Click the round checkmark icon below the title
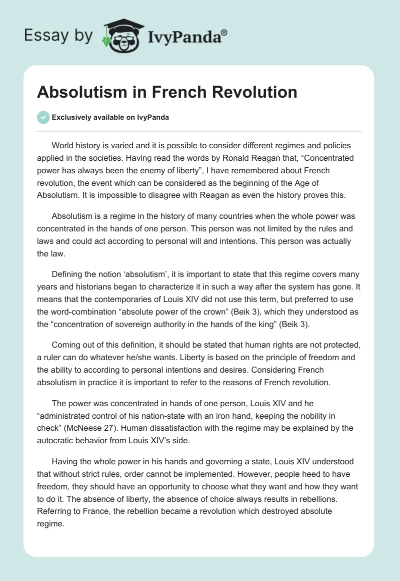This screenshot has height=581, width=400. click(x=43, y=117)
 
